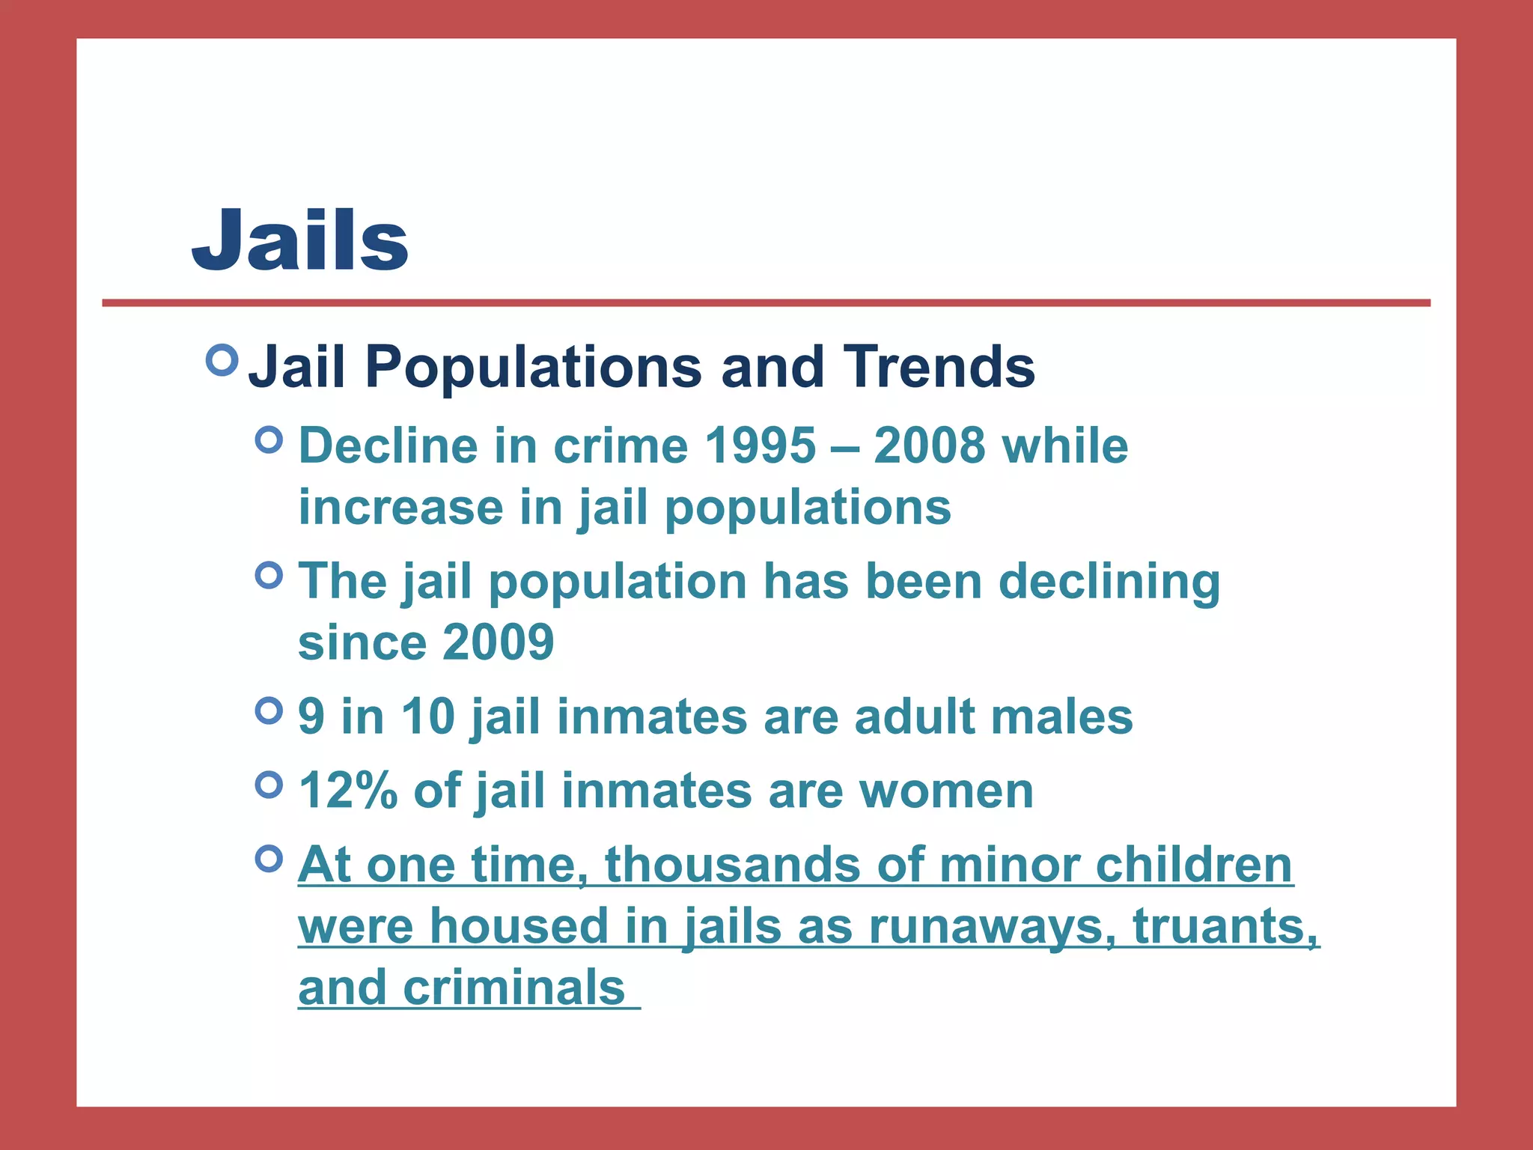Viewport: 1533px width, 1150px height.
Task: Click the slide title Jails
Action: [300, 240]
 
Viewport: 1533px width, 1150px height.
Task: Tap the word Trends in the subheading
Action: [939, 368]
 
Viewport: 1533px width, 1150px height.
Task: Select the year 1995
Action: [761, 446]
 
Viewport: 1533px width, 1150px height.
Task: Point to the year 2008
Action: [930, 446]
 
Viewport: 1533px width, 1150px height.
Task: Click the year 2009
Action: [498, 642]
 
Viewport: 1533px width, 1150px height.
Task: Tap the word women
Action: [946, 791]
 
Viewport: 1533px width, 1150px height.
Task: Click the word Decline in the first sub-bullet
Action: [388, 446]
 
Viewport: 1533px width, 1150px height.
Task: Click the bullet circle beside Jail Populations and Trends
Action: [222, 360]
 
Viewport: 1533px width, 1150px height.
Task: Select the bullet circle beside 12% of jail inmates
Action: [269, 785]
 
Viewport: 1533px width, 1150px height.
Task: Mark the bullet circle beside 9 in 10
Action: [269, 711]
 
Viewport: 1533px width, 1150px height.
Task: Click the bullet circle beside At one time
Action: [269, 858]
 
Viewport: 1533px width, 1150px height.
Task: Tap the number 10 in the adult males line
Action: [428, 717]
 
